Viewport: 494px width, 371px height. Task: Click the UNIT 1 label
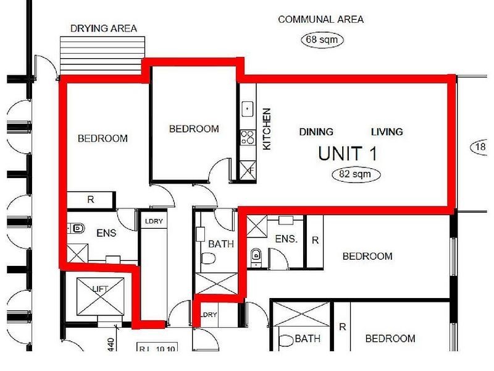347,153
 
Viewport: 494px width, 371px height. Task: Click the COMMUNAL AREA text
320,19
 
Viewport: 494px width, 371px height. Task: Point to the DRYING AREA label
103,28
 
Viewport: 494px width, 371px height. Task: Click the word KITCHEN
267,129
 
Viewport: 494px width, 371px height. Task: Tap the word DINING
316,132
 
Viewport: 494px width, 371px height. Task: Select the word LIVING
387,132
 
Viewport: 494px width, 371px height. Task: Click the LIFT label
99,288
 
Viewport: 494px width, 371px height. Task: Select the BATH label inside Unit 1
220,244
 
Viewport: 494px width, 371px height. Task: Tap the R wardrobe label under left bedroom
90,200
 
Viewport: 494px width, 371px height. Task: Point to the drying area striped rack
103,54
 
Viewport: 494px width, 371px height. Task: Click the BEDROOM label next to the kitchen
194,129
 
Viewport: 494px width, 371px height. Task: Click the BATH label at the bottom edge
307,338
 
